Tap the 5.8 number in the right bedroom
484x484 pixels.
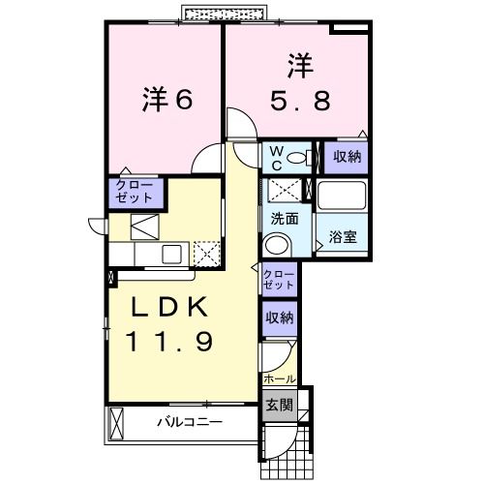[x=297, y=98]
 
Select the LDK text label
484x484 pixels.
[x=169, y=308]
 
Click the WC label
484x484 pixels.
[x=274, y=156]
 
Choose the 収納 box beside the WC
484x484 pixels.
[x=346, y=156]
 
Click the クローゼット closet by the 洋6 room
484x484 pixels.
[x=133, y=190]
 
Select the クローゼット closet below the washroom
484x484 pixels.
[x=277, y=281]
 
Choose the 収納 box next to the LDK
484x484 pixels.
[x=278, y=318]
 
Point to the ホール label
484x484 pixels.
[x=278, y=378]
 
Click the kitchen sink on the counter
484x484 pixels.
[x=170, y=255]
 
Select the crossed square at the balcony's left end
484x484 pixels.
[x=118, y=422]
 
